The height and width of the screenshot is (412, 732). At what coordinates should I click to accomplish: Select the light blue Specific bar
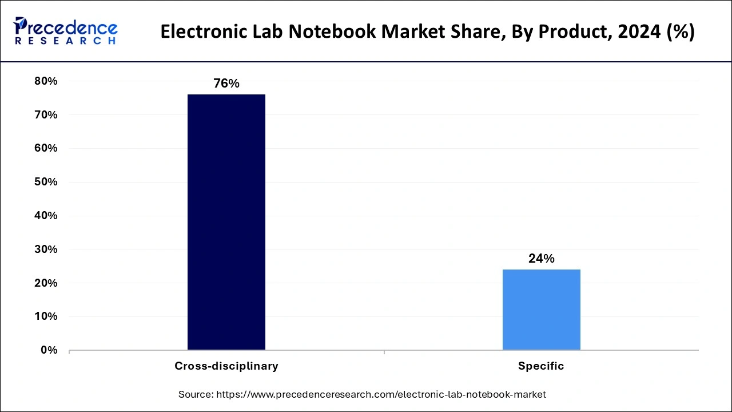[x=541, y=310]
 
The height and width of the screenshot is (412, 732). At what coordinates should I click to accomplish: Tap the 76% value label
[x=226, y=84]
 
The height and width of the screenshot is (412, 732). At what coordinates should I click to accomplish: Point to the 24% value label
[x=541, y=259]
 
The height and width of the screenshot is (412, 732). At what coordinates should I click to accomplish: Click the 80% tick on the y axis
[x=46, y=81]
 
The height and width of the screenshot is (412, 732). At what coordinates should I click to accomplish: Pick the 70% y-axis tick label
[x=46, y=115]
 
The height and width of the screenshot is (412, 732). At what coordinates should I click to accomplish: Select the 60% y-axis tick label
[x=46, y=148]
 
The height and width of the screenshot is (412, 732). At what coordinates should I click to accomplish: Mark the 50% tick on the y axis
[x=46, y=182]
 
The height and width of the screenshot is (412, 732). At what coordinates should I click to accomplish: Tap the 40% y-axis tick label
[x=46, y=216]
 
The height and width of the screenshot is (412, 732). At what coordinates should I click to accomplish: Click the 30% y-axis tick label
[x=46, y=249]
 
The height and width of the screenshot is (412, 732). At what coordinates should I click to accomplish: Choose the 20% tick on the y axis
[x=46, y=283]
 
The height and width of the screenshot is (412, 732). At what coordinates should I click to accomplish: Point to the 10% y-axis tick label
[x=46, y=316]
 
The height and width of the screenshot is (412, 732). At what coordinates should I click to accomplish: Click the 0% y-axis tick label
[x=49, y=350]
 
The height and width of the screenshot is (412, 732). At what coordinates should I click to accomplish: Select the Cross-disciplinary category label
[x=226, y=366]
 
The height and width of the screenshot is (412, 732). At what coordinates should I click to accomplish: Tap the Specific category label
[x=541, y=366]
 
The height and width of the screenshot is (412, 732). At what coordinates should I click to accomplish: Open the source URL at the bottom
[x=381, y=394]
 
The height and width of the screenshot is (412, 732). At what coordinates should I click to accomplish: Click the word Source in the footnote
[x=195, y=394]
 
